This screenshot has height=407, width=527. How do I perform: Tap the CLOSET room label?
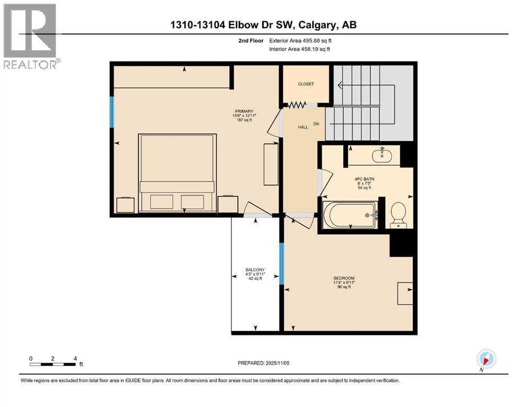(306, 84)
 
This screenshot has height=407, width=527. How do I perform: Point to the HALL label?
(303, 127)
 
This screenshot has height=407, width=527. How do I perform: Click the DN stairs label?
(317, 124)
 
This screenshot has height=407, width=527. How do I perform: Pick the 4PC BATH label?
(365, 179)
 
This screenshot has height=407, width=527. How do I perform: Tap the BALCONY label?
(255, 270)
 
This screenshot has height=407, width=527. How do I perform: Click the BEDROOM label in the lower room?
(344, 278)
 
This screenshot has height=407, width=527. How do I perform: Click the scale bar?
(53, 364)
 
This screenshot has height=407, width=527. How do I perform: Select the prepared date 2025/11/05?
(264, 363)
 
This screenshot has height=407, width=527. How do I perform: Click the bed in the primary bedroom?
(177, 172)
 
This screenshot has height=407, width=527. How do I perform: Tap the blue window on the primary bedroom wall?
(112, 112)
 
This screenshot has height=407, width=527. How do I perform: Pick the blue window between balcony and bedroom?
(282, 263)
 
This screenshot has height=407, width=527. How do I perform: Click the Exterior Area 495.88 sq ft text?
(304, 40)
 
